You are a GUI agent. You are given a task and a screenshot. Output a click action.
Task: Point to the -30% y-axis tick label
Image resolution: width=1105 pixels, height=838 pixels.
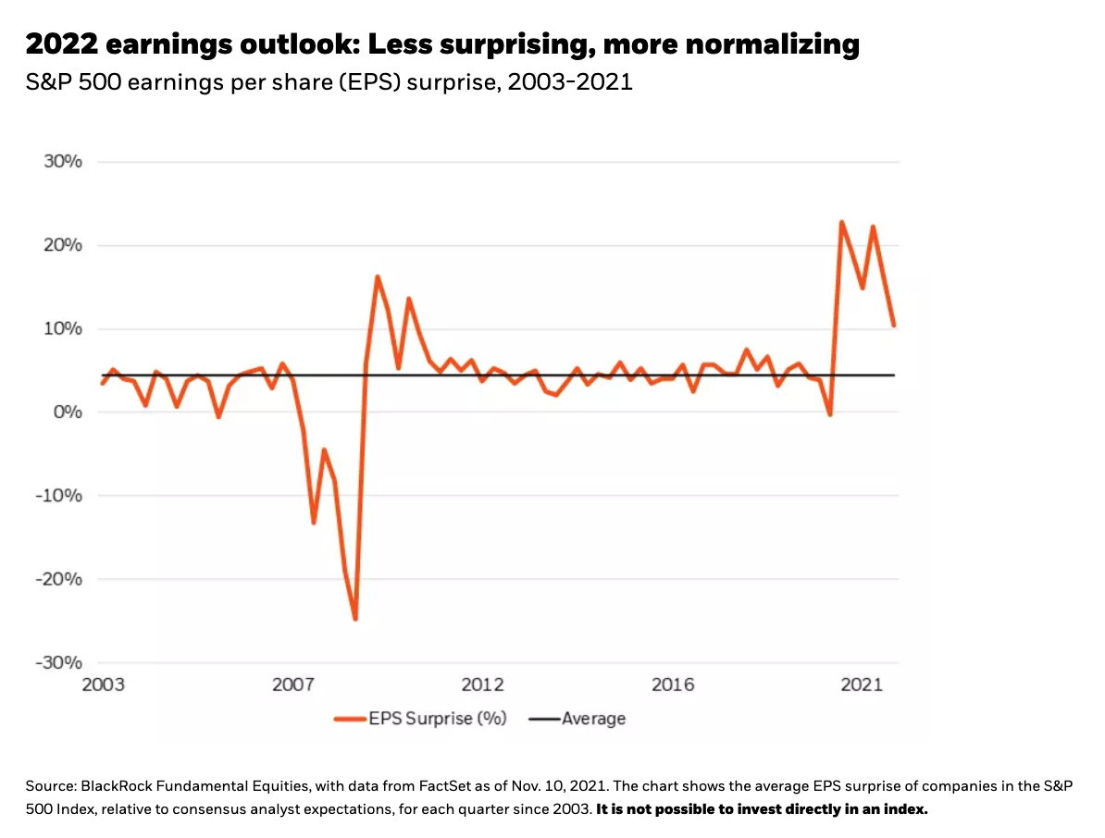coord(59,662)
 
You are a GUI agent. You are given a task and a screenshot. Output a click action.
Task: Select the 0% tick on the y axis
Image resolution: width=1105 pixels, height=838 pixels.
coord(68,413)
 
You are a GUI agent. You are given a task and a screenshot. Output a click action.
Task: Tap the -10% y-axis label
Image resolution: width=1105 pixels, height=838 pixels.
coord(59,496)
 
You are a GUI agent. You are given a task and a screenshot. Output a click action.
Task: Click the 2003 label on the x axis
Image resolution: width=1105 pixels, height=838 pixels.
coord(104,685)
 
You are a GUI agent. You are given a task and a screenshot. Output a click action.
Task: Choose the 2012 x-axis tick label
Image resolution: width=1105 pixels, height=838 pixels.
coord(483,685)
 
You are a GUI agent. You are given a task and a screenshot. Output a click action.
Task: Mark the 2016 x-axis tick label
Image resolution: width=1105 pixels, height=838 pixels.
coord(673,685)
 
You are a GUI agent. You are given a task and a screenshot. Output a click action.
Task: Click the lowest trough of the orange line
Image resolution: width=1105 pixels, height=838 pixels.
coord(354,619)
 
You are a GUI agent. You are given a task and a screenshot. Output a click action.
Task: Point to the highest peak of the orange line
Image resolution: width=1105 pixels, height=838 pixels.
coord(841,222)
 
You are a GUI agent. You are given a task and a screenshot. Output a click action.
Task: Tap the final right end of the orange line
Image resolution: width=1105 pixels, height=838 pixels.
coord(893,325)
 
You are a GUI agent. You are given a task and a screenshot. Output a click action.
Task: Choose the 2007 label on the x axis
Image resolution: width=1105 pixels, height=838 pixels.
coord(293,685)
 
